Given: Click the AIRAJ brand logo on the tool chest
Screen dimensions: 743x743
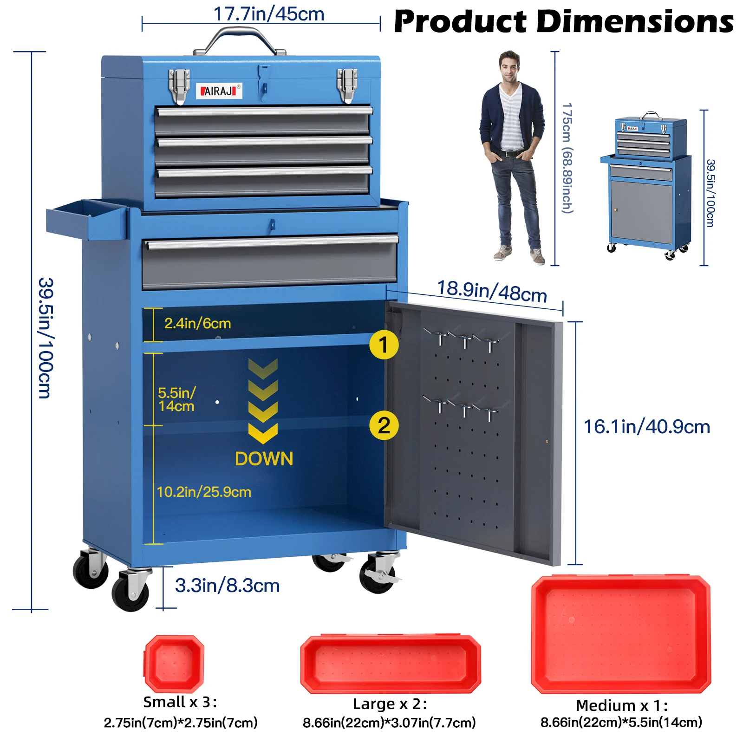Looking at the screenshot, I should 219,91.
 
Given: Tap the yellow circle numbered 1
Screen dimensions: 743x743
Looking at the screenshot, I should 384,345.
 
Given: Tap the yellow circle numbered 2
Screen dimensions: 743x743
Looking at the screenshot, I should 384,425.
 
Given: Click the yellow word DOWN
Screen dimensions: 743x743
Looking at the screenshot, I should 264,459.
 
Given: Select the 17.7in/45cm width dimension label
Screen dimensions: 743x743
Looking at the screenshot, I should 268,14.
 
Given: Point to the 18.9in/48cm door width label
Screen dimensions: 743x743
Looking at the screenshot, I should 492,292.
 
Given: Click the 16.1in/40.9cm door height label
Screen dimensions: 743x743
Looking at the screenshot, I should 646,427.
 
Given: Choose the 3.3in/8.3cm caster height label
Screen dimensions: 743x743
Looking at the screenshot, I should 227,586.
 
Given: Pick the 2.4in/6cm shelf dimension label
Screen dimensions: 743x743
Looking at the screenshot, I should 197,323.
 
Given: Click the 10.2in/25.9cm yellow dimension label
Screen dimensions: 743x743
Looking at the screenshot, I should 204,492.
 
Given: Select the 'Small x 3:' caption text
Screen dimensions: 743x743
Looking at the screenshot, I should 180,702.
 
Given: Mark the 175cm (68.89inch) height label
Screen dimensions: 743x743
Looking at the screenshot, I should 567,158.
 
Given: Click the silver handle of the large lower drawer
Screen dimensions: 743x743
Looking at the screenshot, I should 271,242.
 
